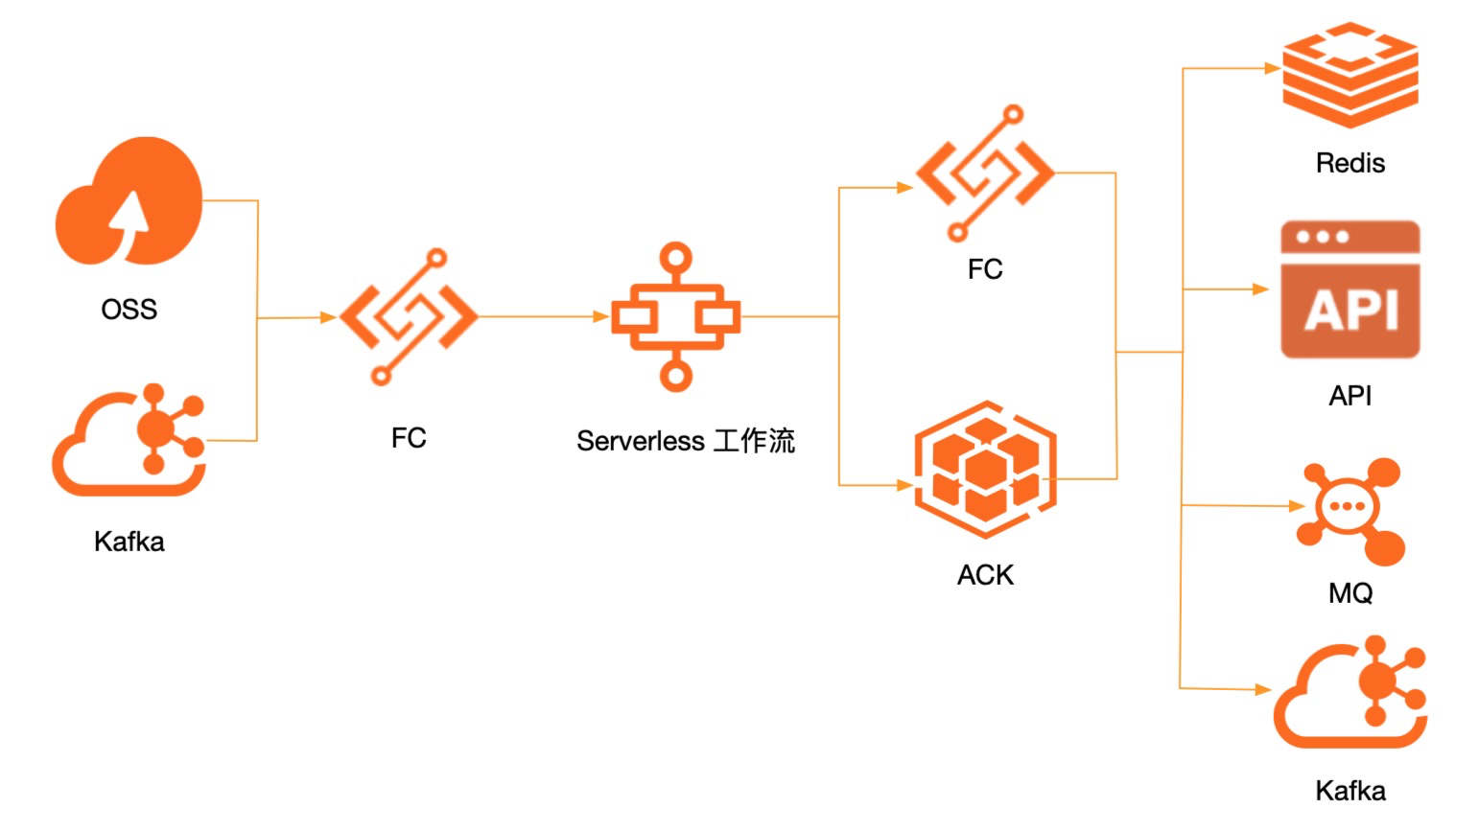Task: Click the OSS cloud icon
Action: pos(129,201)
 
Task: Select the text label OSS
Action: pos(129,310)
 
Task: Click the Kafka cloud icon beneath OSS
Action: pos(129,442)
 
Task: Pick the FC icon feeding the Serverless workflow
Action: pos(409,316)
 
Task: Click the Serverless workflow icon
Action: pos(675,316)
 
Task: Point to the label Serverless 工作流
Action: pos(685,441)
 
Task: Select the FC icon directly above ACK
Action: pos(985,173)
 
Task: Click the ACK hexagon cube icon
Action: pos(985,470)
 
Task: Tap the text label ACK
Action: pos(985,575)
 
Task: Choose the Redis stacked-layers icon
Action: pos(1350,75)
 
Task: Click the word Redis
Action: pos(1350,163)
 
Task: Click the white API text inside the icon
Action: pos(1350,310)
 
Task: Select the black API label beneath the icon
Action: pos(1350,396)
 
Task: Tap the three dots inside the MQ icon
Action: pos(1347,506)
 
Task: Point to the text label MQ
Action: pos(1350,593)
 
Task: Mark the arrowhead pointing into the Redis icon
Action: pos(1273,68)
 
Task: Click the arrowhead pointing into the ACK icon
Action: pos(904,485)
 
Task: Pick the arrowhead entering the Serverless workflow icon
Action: pos(601,316)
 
